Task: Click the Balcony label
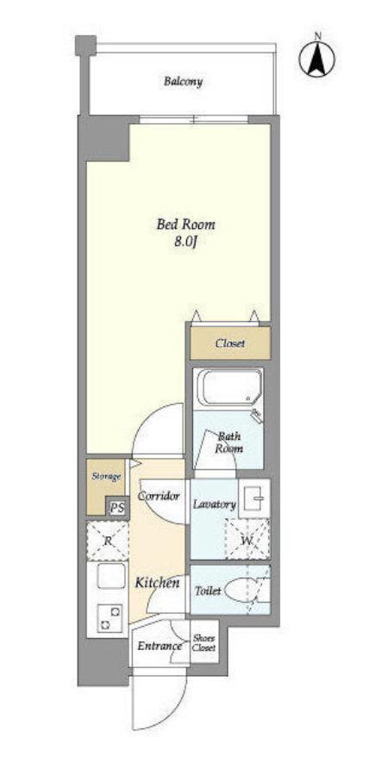click(184, 82)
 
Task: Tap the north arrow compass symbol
click(316, 59)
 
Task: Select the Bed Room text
click(185, 225)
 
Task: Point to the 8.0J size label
click(185, 242)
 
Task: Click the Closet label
click(230, 344)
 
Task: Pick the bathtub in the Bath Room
click(229, 387)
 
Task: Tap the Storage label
click(106, 477)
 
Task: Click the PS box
click(117, 509)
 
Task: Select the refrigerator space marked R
click(108, 540)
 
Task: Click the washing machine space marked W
click(247, 539)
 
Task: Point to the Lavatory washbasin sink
click(253, 498)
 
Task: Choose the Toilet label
click(208, 591)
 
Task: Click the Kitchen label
click(158, 583)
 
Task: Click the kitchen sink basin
click(110, 578)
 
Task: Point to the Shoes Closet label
click(204, 643)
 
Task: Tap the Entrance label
click(160, 647)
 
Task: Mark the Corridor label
click(159, 496)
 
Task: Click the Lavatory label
click(214, 505)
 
